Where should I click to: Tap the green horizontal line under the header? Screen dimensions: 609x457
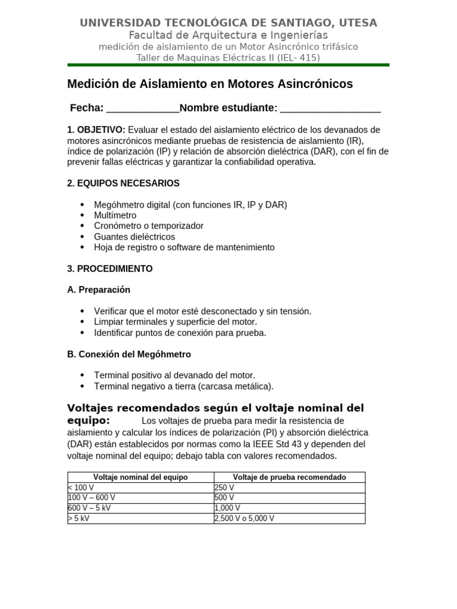click(228, 65)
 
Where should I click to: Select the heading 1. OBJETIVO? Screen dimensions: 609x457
click(96, 130)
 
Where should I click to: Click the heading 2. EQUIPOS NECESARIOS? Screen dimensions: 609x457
click(123, 183)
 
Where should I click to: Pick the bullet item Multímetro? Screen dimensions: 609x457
click(115, 215)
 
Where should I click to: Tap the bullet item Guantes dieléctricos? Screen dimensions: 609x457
click(134, 237)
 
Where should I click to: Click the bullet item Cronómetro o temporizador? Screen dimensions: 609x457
click(149, 226)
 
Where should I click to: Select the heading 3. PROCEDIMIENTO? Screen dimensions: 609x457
click(110, 269)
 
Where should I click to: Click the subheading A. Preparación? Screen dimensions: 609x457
click(99, 290)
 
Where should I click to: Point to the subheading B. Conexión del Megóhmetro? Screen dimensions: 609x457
click(129, 354)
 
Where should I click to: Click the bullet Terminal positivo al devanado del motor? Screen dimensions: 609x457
click(174, 375)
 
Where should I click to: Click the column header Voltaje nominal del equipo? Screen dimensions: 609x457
click(140, 477)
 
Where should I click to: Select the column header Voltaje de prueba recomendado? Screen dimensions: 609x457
click(289, 477)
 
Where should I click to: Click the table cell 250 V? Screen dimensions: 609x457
click(224, 487)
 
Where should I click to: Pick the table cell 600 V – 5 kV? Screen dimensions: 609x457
click(89, 508)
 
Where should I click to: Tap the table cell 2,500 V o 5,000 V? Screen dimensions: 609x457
click(244, 518)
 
